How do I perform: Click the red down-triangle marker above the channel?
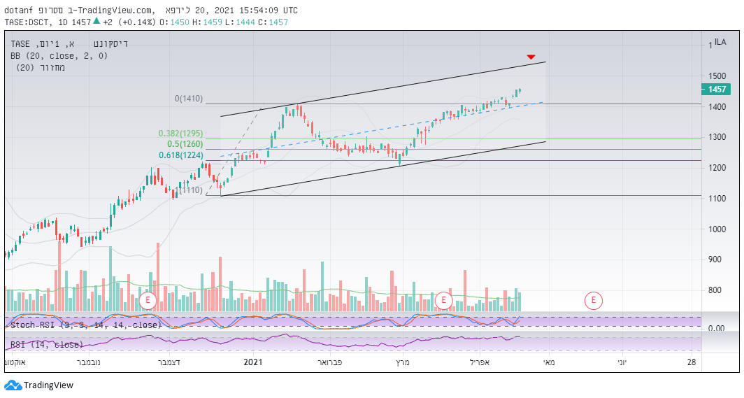(x=531, y=57)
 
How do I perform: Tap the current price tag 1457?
(x=717, y=89)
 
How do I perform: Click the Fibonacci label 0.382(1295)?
(x=180, y=134)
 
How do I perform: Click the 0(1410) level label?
(x=189, y=99)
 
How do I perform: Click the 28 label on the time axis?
(x=692, y=362)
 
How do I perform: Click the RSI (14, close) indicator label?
(x=46, y=344)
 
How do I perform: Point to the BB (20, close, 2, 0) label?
(x=59, y=55)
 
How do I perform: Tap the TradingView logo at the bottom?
(x=39, y=385)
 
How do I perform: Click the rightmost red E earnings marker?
(x=593, y=301)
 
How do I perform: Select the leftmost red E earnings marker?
(x=148, y=301)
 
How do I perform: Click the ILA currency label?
(x=720, y=43)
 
